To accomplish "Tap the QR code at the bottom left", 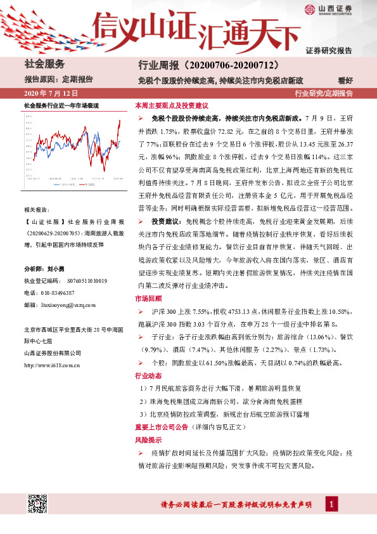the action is [36, 504].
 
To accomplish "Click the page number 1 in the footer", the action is [330, 504].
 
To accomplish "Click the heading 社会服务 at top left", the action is [44, 64].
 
